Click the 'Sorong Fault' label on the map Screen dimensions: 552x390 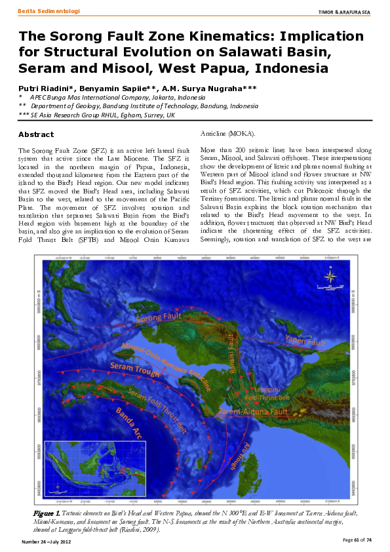point(160,319)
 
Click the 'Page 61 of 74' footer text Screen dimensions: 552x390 point(357,539)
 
